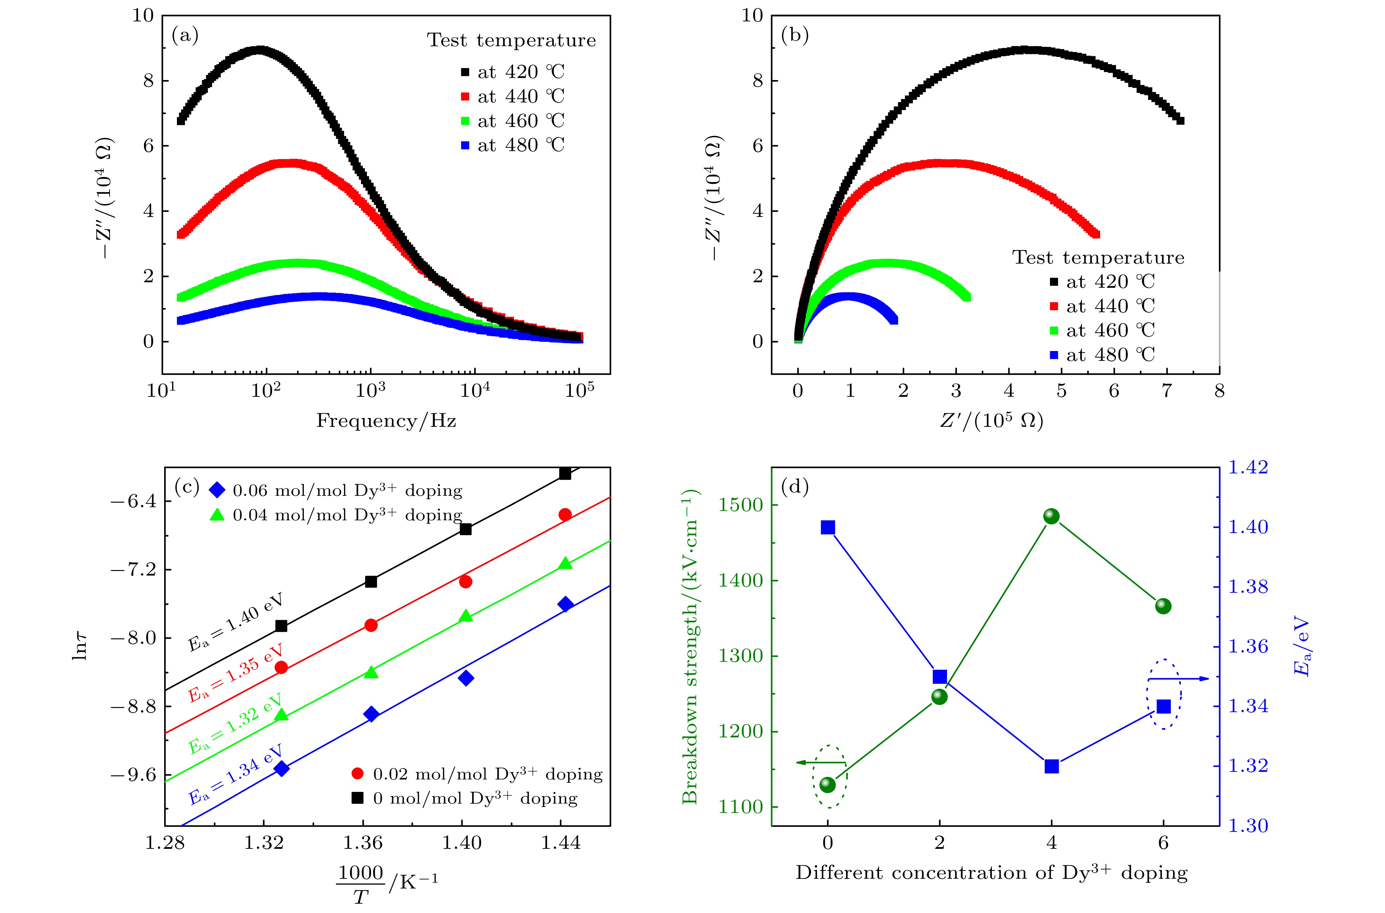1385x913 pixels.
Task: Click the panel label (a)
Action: [x=185, y=36]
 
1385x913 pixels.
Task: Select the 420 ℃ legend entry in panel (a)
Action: [x=512, y=72]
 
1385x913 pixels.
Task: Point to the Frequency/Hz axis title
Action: [x=386, y=420]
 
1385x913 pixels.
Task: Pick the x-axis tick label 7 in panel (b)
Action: [x=1166, y=391]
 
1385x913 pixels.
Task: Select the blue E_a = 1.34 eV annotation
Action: [x=235, y=774]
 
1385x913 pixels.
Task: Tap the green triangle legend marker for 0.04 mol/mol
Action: [x=217, y=515]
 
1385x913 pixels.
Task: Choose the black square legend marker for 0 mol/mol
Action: [x=358, y=798]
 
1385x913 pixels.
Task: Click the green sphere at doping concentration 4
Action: [x=1051, y=516]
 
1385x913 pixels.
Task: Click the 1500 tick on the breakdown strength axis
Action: [x=740, y=505]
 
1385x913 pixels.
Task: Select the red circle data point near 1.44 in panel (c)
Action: [x=565, y=514]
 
